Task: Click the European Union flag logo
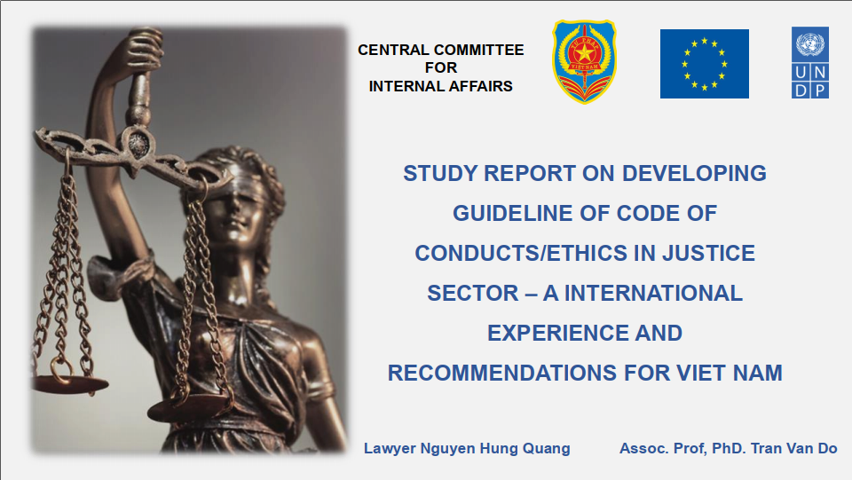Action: (x=704, y=64)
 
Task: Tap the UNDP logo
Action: (x=810, y=62)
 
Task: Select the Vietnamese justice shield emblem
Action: (x=584, y=61)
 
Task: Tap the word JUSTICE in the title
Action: (x=708, y=253)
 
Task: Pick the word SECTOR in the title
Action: (x=473, y=293)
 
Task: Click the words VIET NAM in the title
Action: (x=730, y=373)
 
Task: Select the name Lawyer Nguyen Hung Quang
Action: (x=467, y=449)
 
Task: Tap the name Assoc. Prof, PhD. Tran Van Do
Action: (x=728, y=449)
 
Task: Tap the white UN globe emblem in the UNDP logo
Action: (x=810, y=44)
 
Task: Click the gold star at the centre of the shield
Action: (x=585, y=53)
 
